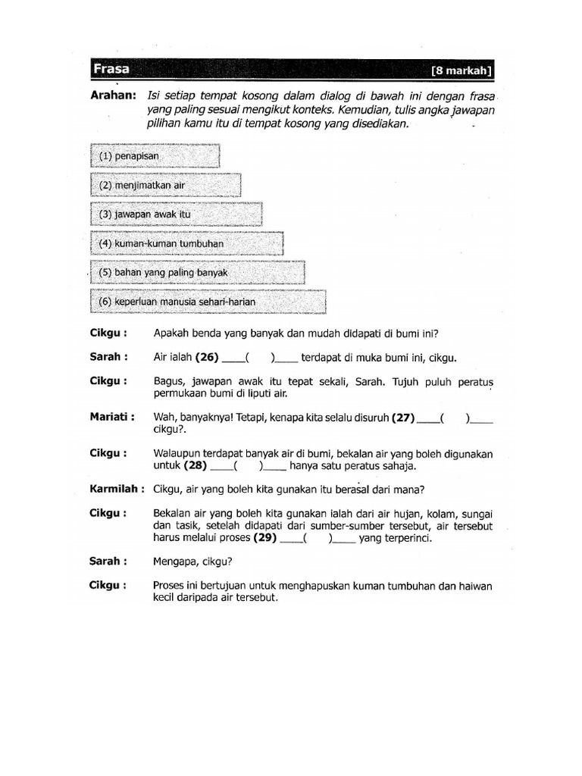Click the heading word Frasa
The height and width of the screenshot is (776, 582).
111,70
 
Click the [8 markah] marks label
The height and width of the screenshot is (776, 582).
462,71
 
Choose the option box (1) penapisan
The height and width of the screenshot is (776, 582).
155,156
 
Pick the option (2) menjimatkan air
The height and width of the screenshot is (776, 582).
166,185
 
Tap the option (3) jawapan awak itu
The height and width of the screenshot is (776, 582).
177,214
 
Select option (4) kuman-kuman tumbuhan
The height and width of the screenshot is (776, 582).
187,243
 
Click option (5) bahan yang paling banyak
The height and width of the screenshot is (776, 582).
198,272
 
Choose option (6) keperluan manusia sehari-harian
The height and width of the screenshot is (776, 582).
208,302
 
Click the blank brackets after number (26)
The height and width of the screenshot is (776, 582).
259,358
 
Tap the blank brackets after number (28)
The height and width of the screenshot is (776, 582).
249,467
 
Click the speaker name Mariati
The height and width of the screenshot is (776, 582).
112,416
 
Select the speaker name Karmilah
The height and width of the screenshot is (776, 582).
117,488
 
